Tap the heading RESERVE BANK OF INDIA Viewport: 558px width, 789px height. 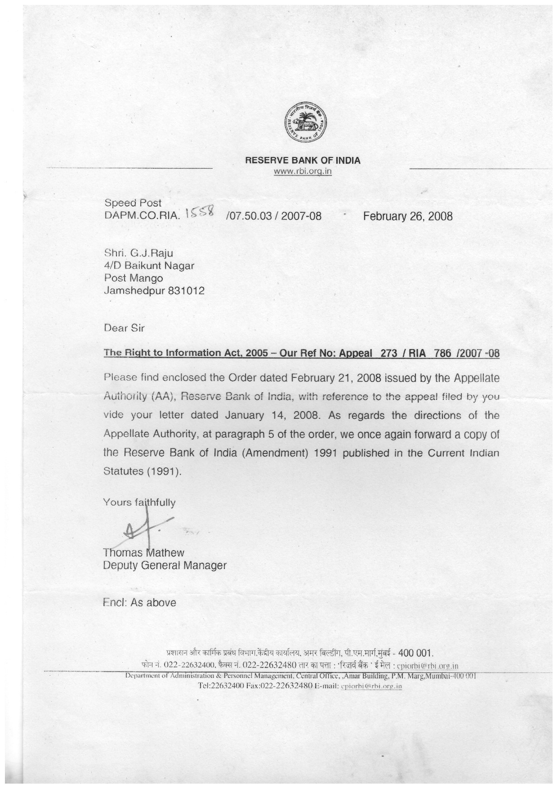[303, 160]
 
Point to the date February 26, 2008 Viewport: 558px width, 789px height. [408, 216]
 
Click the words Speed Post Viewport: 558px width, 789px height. [133, 203]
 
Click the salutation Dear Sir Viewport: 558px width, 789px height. [124, 327]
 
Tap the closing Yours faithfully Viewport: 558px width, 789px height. [139, 502]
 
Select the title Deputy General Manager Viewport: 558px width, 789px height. [165, 565]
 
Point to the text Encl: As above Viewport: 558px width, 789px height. [139, 602]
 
